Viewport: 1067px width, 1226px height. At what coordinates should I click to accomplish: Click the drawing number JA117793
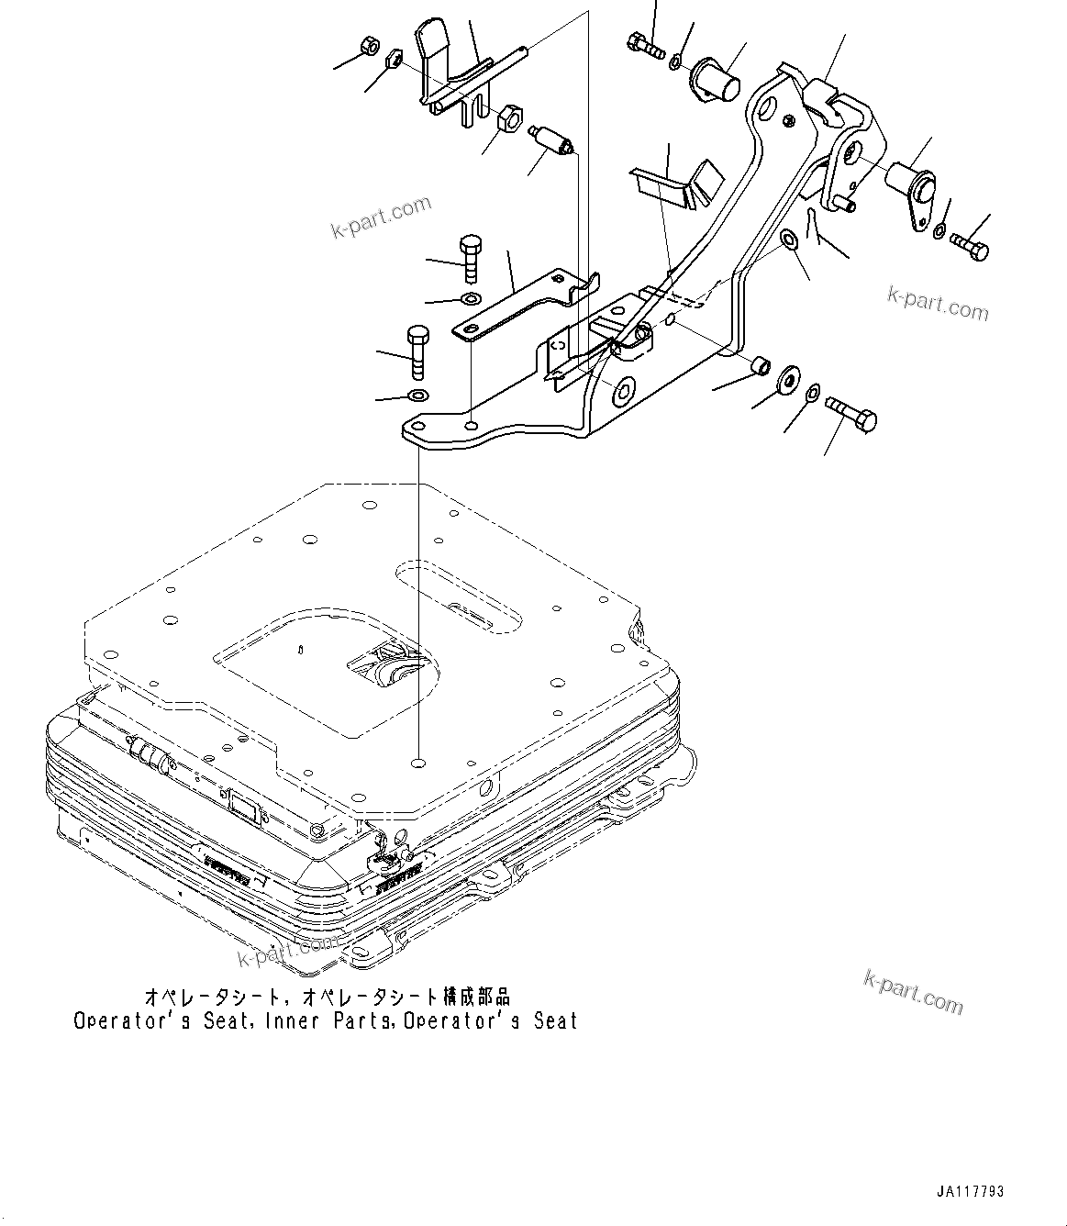pyautogui.click(x=970, y=1192)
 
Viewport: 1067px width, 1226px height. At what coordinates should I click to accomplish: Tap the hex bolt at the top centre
pyautogui.click(x=646, y=44)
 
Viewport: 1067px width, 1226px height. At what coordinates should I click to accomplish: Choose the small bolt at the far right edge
pyautogui.click(x=971, y=245)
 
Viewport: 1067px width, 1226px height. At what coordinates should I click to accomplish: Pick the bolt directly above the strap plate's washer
pyautogui.click(x=469, y=256)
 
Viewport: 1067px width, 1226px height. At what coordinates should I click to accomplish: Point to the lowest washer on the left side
pyautogui.click(x=417, y=396)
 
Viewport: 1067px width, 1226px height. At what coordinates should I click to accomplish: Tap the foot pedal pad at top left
pyautogui.click(x=434, y=46)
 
